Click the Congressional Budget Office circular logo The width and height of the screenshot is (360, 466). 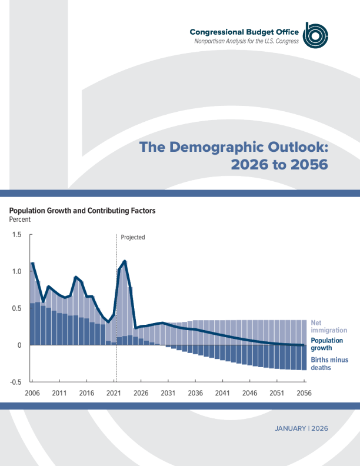315,36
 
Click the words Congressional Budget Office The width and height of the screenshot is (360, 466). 244,32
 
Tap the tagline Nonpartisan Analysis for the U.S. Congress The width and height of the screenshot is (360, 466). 246,41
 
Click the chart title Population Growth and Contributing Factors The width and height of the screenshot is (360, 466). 82,211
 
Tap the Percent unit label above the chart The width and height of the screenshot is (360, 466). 19,219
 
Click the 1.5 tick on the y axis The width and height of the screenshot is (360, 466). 16,235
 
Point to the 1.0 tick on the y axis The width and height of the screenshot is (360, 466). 16,272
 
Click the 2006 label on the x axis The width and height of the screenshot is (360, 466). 32,392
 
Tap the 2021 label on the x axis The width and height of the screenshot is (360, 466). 114,392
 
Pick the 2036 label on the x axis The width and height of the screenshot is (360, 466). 195,392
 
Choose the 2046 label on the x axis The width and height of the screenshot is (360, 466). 249,392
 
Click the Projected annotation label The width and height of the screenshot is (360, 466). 133,238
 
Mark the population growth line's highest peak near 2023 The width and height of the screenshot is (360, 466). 125,261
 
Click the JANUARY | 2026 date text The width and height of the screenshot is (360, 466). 301,428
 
